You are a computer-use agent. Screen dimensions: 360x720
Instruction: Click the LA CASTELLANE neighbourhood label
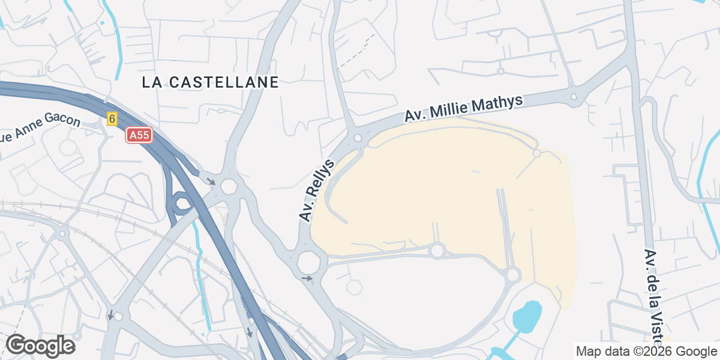coord(211,82)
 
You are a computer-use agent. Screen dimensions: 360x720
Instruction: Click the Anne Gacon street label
coord(40,128)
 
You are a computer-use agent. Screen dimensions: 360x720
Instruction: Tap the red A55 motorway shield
coord(139,136)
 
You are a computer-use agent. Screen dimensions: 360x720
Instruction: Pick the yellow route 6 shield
coord(112,119)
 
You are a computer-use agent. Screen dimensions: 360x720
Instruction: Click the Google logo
coord(40,346)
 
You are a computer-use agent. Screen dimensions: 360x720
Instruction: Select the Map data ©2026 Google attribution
coord(646,351)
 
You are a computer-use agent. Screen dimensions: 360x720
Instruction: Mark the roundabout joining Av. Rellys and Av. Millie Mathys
coord(358,138)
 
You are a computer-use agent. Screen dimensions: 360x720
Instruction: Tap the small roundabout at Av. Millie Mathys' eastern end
coord(574,96)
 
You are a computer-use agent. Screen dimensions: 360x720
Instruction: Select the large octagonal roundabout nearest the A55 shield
coord(229,186)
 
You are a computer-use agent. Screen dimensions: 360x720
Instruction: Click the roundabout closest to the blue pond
coord(512,275)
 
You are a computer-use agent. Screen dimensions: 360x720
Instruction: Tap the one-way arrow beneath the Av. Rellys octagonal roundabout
coord(307,278)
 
